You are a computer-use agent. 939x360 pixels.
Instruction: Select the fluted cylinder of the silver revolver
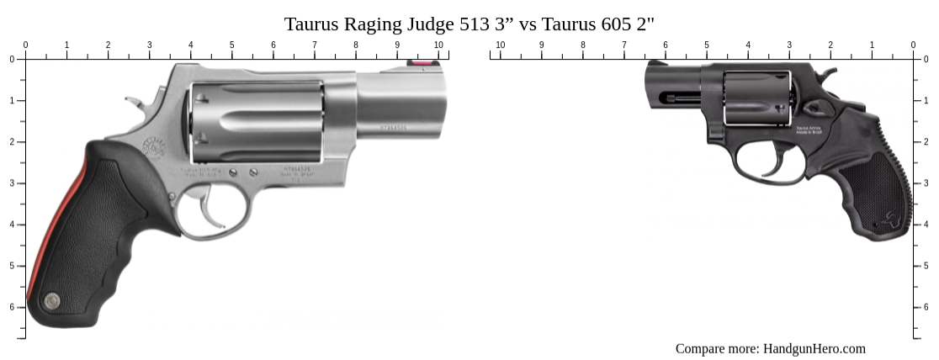[x=257, y=122]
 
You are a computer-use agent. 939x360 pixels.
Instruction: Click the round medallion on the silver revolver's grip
[x=51, y=299]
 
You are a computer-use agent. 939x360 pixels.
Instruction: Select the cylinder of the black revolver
[x=756, y=98]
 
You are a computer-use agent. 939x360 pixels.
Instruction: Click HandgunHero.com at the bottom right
[x=814, y=348]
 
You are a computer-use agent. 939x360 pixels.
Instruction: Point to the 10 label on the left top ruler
[x=438, y=45]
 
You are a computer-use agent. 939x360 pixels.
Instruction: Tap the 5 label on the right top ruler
[x=707, y=45]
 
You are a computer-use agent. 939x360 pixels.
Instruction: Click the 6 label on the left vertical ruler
[x=12, y=307]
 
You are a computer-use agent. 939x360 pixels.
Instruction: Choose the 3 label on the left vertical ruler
[x=12, y=183]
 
